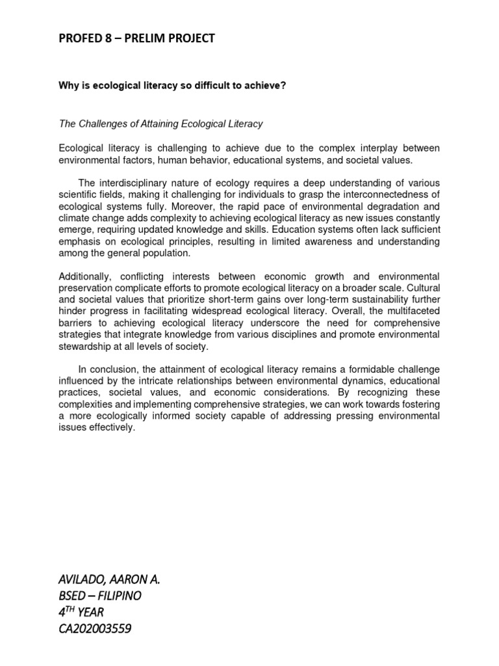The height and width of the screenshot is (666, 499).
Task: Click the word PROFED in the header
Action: pos(80,39)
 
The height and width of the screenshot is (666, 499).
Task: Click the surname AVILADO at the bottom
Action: pos(86,579)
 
